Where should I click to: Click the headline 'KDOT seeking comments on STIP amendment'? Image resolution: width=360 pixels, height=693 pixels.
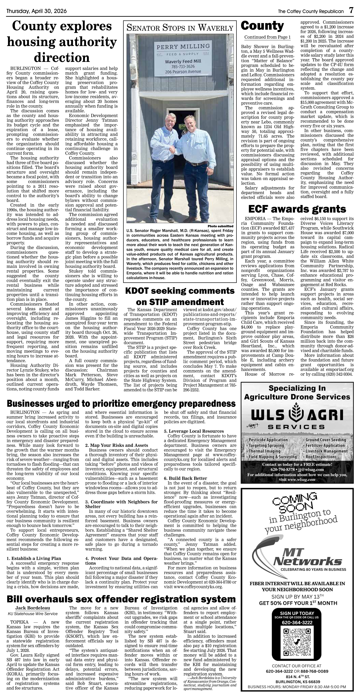(x=180, y=296)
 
